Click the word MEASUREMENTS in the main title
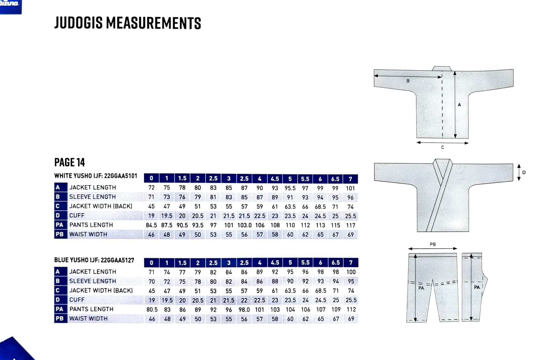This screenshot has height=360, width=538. point(153,23)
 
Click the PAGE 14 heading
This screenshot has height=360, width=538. point(69,162)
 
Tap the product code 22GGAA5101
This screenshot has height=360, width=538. point(121,176)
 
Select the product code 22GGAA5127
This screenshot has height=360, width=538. point(117,260)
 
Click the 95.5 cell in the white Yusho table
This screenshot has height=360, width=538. point(290,188)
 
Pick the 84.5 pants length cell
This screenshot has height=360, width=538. point(151,225)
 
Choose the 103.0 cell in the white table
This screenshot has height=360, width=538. point(244,225)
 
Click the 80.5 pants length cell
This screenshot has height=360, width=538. point(152,310)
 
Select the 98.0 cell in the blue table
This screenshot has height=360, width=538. point(244,310)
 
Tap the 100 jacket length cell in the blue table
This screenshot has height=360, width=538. point(351,272)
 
